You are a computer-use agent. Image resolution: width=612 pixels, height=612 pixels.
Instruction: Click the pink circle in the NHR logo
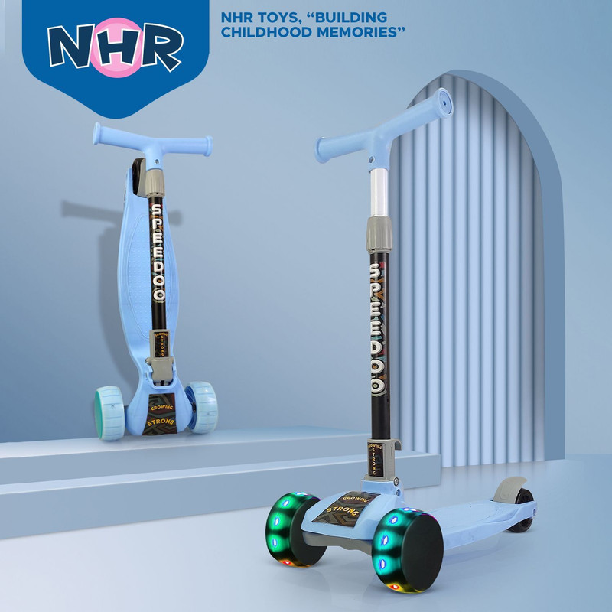click(116, 47)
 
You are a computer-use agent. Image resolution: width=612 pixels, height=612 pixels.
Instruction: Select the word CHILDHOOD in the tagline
click(266, 32)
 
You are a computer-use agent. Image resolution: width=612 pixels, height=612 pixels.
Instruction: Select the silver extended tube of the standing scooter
click(379, 193)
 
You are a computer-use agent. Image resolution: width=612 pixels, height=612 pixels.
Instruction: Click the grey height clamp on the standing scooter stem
click(379, 234)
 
